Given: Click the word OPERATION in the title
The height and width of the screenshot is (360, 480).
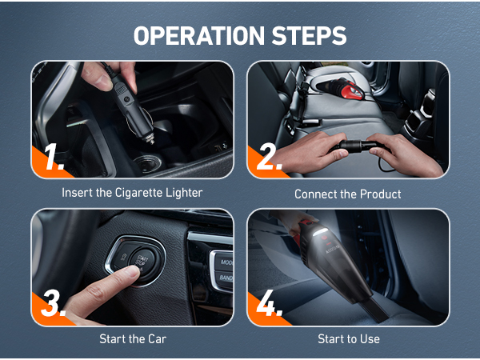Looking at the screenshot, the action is pos(198,35).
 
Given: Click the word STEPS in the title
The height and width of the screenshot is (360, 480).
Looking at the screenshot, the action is pos(309,35).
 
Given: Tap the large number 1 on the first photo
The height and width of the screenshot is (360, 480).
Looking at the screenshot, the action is pos(54,157).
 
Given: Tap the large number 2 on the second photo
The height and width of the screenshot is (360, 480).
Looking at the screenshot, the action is pos(270,157).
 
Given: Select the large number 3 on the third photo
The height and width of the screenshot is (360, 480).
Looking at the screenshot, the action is pos(54,302).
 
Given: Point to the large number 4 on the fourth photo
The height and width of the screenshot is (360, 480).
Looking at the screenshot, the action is pos(270,302).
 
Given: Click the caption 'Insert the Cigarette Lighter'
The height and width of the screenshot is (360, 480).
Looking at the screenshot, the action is pos(132,193).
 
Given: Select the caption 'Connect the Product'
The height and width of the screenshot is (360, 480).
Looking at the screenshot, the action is pos(348,194).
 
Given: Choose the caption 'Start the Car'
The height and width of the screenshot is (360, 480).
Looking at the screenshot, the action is pos(133,339).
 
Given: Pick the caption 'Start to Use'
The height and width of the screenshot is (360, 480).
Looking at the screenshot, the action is pos(349,339).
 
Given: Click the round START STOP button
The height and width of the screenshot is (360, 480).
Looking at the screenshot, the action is pos(144,262).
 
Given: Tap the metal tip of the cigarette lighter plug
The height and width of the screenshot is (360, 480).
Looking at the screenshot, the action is pos(150,141).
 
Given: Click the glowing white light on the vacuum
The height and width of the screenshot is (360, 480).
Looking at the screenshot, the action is pos(320,232).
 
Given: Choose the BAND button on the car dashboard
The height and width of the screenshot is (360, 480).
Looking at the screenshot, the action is pos(225,278).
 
